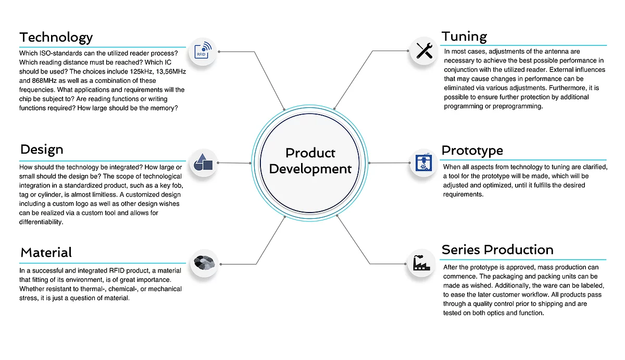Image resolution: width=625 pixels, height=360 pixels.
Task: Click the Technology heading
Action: [x=56, y=38]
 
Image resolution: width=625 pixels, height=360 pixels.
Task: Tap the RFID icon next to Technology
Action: [x=203, y=51]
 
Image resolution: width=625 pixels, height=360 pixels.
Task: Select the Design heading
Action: [x=42, y=150]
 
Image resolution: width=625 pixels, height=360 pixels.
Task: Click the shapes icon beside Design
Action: [x=203, y=163]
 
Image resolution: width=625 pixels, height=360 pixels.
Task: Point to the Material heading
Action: [x=46, y=252]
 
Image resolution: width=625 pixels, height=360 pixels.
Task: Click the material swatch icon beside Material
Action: [x=204, y=263]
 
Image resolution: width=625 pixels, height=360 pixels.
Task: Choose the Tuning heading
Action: [x=464, y=36]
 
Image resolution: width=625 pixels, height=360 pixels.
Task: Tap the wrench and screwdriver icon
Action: [x=424, y=51]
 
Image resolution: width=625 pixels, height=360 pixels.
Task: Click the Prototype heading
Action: [x=472, y=151]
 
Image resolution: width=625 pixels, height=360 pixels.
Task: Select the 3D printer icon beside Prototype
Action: [x=423, y=162]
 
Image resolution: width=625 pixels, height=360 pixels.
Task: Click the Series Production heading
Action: [x=497, y=250]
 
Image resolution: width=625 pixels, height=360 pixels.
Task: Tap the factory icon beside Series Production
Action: [x=421, y=263]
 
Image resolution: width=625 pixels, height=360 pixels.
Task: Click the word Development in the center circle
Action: [x=310, y=169]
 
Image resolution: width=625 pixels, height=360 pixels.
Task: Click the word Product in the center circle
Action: [x=310, y=153]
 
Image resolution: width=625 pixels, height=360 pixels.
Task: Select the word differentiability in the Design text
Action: [x=41, y=222]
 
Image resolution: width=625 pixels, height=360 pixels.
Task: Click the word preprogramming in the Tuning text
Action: [x=518, y=106]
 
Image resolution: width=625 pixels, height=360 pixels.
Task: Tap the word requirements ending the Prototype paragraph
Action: [x=463, y=194]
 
